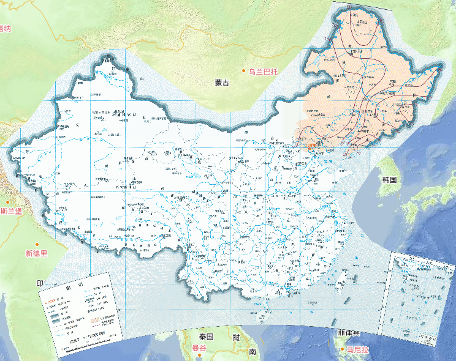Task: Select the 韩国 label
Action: coord(390,180)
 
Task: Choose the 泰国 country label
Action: coord(205,337)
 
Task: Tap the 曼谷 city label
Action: coord(200,348)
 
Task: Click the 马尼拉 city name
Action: coord(357,350)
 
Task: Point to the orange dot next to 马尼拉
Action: coord(341,349)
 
